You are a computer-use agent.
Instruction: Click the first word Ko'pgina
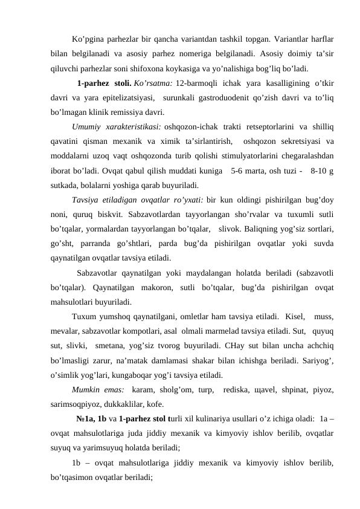pyautogui.click(x=87, y=40)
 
